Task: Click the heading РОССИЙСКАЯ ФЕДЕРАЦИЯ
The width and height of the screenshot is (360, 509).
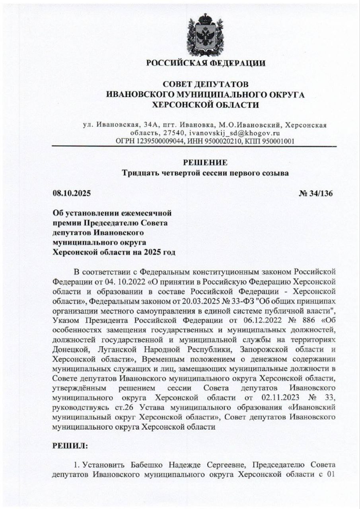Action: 206,63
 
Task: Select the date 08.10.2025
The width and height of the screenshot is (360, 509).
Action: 72,194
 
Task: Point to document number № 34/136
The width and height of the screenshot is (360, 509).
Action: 315,194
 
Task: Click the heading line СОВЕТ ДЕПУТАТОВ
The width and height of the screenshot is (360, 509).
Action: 206,84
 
